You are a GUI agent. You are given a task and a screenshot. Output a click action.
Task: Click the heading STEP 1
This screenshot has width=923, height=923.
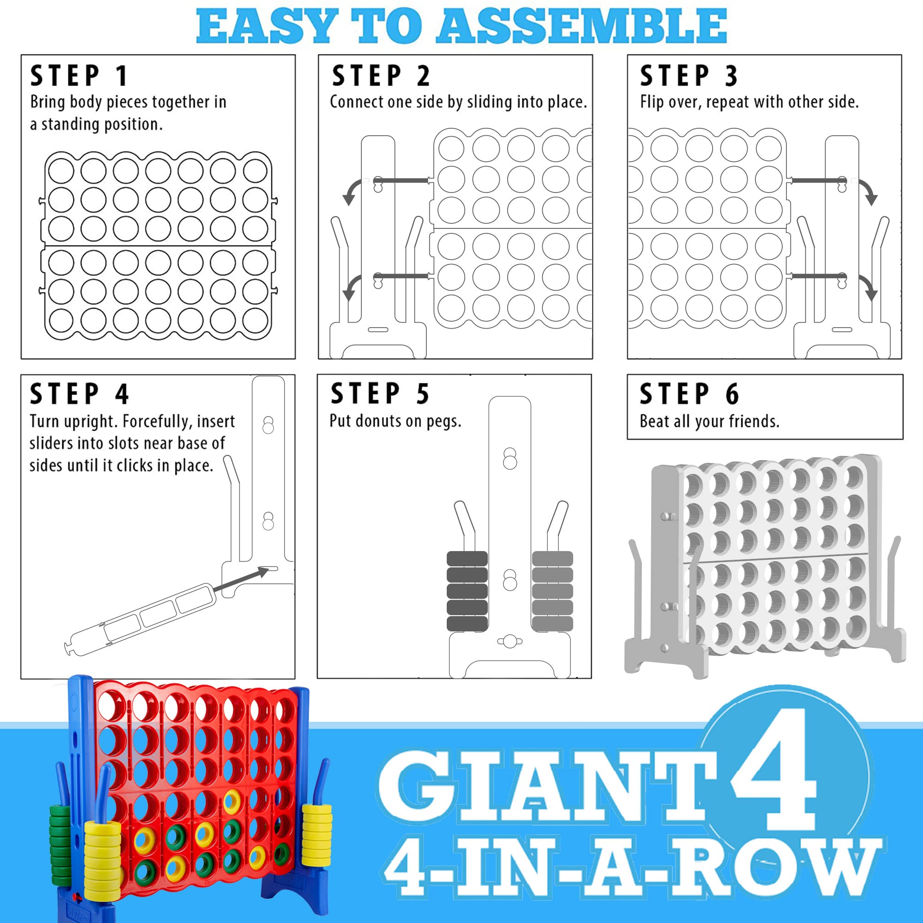79,76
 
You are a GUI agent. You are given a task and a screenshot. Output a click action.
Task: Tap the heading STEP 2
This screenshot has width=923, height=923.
381,76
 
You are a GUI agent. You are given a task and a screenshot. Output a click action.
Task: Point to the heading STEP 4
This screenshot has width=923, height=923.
79,394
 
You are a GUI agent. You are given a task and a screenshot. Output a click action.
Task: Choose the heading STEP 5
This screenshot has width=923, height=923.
380,394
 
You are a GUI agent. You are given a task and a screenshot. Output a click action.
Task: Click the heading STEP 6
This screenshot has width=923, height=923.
689,394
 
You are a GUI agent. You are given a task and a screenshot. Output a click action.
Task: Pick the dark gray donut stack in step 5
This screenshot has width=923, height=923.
467,591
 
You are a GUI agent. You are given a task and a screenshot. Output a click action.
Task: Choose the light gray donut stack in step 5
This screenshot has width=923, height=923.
552,591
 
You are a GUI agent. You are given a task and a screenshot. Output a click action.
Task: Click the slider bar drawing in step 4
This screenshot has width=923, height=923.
137,619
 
